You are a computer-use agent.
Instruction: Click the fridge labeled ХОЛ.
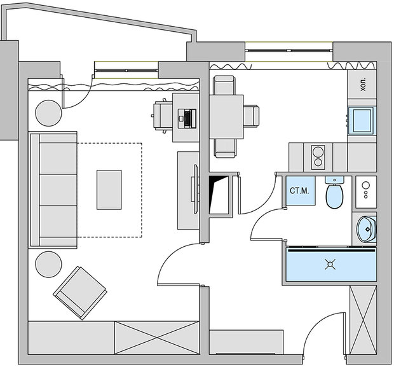click(362, 85)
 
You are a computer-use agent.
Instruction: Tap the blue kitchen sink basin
click(362, 120)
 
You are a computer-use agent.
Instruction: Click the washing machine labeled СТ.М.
click(299, 190)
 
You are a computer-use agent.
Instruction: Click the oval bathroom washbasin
click(366, 228)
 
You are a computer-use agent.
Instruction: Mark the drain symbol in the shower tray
click(330, 265)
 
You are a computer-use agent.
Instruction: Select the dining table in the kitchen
click(226, 116)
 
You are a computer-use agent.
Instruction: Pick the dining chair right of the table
click(251, 116)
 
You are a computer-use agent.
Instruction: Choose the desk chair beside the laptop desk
click(162, 116)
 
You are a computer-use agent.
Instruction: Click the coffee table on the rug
click(109, 189)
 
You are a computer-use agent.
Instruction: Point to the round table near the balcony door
click(49, 113)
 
